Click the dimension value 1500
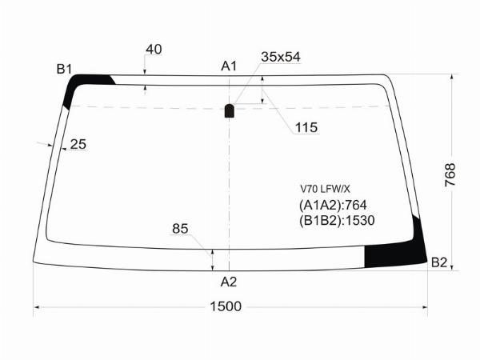click(x=226, y=306)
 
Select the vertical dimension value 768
click(x=450, y=174)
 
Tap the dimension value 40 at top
click(x=154, y=49)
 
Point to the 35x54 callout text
click(x=281, y=57)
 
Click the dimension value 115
click(x=306, y=127)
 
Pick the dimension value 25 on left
click(x=78, y=144)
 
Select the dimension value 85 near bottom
click(x=180, y=229)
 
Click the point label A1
click(x=229, y=66)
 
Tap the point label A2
click(x=229, y=282)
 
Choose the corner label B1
click(x=64, y=69)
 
